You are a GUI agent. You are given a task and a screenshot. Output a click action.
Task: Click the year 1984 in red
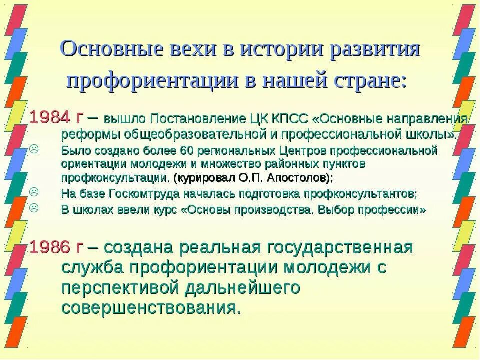pyautogui.click(x=50, y=118)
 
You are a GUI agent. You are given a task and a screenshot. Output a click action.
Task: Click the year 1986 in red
pyautogui.click(x=50, y=247)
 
